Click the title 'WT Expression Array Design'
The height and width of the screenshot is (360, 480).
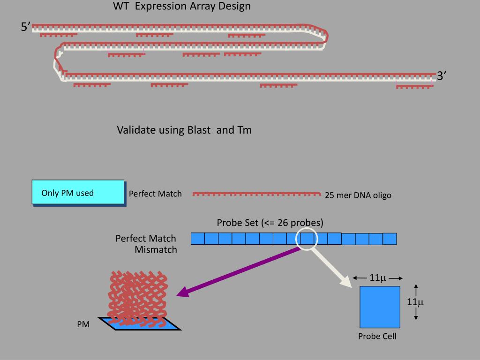tap(182, 7)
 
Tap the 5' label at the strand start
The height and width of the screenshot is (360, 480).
tap(25, 27)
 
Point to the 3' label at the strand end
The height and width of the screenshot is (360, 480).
tap(441, 76)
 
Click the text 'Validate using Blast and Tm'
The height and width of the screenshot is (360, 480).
tap(184, 130)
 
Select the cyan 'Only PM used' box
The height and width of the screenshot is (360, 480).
tap(78, 192)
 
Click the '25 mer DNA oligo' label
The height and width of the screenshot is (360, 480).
tap(358, 195)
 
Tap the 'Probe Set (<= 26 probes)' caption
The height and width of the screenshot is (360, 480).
tap(270, 223)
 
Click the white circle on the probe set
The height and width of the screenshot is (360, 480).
tap(307, 239)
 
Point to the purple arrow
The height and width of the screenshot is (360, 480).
tap(239, 271)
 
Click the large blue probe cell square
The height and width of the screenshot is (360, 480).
tap(380, 307)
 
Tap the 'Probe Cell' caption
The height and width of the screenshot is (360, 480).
tap(377, 336)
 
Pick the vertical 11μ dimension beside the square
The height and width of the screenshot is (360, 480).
tap(415, 302)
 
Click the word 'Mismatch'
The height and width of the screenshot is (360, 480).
tap(156, 250)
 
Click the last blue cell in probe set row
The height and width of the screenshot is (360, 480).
tap(390, 239)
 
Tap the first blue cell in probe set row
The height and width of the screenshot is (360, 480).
tap(198, 239)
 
